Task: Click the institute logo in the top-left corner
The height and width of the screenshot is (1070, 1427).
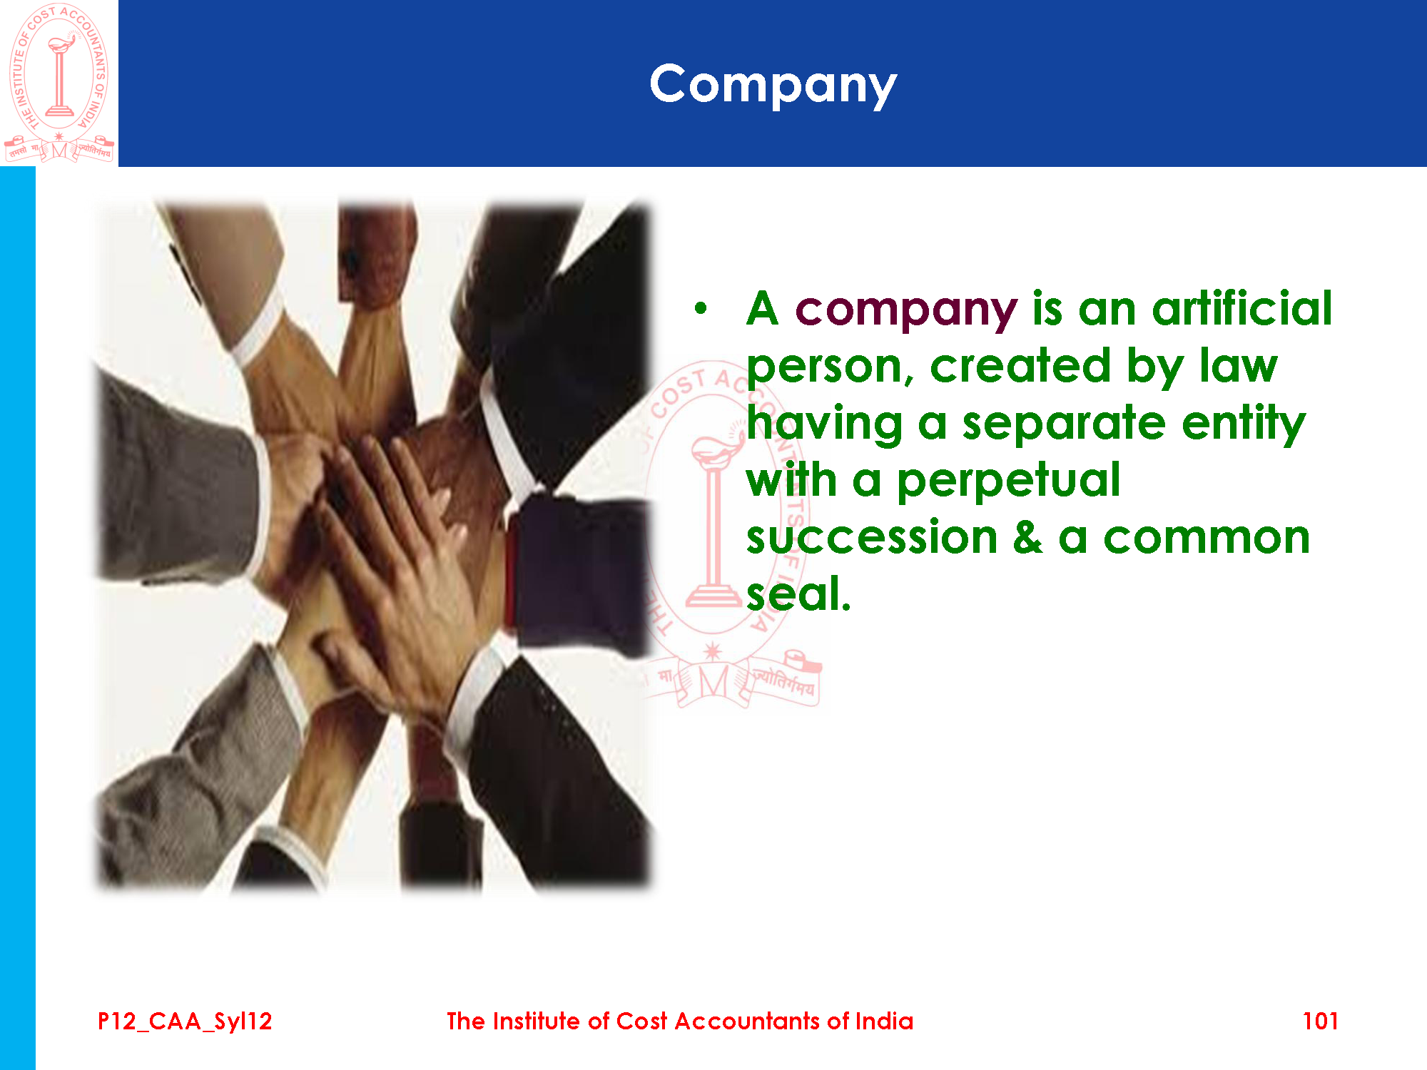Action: tap(59, 83)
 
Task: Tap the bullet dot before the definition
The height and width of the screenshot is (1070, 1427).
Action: tap(701, 308)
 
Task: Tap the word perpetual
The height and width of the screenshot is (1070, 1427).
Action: tap(1008, 481)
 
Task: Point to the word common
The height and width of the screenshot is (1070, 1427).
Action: tap(1207, 538)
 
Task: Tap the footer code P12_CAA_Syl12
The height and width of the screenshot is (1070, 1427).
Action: tap(185, 1021)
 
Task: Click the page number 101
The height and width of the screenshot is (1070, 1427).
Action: tap(1320, 1021)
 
